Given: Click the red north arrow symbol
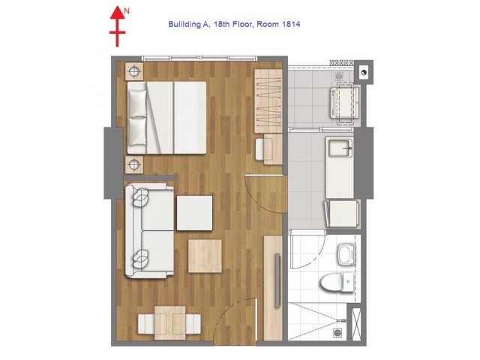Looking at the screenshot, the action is tap(117, 27).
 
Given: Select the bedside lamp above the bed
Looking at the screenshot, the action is tap(134, 72).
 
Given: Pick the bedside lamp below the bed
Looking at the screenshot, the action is tap(134, 165).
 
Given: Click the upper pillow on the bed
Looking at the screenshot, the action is tap(137, 103).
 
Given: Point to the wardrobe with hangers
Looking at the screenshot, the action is tap(268, 101).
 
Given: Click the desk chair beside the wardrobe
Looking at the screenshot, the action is tap(262, 149).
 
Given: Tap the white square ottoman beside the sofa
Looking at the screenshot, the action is tap(194, 213).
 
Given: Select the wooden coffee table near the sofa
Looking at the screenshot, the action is tap(205, 256).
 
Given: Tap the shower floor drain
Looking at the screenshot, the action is tap(337, 333).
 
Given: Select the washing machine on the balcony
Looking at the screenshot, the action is tap(344, 103).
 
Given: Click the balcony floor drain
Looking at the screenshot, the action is tap(339, 76).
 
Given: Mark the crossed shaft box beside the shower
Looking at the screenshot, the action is tap(356, 322).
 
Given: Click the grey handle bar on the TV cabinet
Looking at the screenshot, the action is tap(277, 280).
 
